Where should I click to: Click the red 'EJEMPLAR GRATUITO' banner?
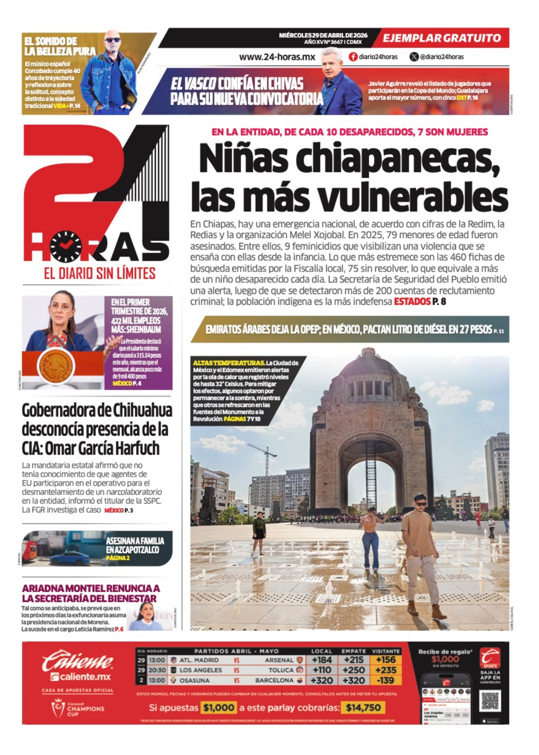coord(442,38)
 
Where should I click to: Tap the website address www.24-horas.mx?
coord(277,57)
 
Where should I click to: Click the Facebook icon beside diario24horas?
coord(353,57)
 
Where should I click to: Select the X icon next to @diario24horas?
coord(414,57)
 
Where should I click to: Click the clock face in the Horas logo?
coord(66,246)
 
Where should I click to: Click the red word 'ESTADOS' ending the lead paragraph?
coord(412,302)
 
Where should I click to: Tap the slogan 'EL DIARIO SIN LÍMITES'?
coord(100,273)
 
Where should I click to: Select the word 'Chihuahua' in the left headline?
coord(142,411)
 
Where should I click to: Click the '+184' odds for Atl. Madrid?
coord(321,660)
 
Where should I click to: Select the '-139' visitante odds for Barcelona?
coord(385,680)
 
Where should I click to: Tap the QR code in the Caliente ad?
coord(490,701)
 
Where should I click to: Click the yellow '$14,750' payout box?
coord(363,708)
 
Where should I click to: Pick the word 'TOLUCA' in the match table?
coord(281,670)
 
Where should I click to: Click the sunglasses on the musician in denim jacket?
coord(112,40)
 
